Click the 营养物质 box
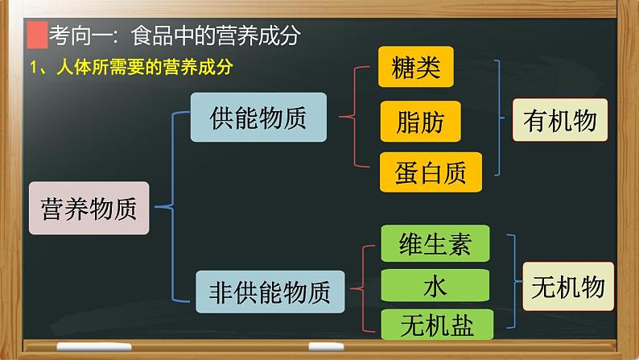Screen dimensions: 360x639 [89, 209]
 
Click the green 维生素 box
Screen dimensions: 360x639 [434, 243]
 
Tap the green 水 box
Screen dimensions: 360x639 [434, 285]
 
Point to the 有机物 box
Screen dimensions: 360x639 [559, 121]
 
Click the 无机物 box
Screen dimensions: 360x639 [567, 285]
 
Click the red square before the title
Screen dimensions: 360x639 [35, 36]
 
